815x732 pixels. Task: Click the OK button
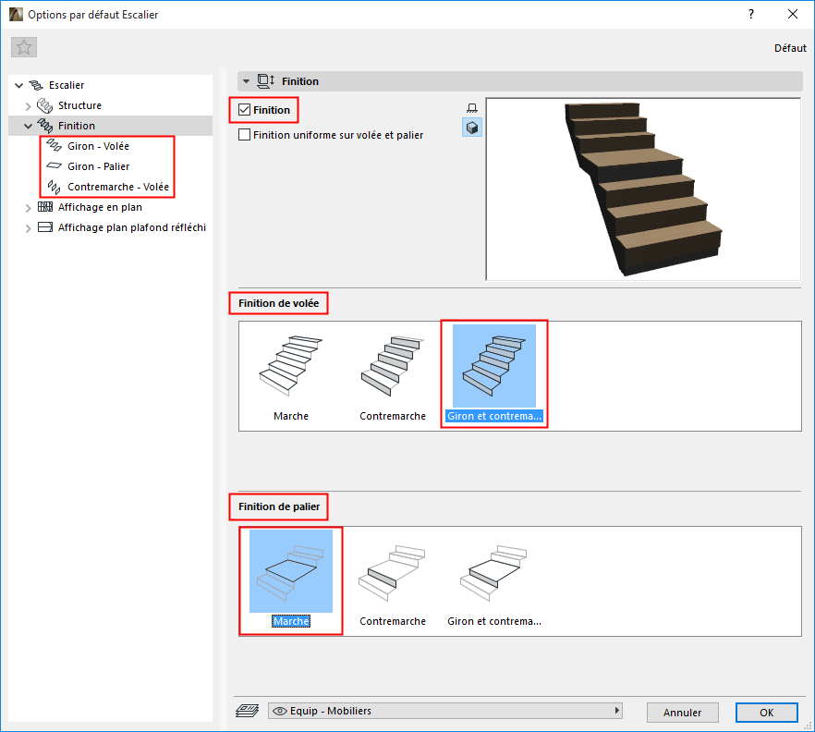pos(766,713)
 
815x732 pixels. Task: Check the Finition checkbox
pos(244,110)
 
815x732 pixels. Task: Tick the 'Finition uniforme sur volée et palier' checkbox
pos(244,135)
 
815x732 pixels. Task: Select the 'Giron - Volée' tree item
pos(98,146)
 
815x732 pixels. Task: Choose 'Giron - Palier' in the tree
pos(98,166)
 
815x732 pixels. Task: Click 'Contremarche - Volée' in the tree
pos(118,187)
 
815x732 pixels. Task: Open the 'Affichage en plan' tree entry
pos(100,207)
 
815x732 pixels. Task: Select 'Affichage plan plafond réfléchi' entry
pos(132,227)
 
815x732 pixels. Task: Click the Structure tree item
pos(79,105)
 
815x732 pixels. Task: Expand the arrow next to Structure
pos(28,106)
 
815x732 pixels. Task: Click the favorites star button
pos(24,47)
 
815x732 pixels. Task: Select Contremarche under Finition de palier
pos(393,583)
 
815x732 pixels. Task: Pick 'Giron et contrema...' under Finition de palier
pos(494,583)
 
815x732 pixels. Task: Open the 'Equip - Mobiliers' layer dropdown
pos(445,711)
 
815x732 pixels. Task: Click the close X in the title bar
pos(793,14)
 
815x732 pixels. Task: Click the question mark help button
pos(751,14)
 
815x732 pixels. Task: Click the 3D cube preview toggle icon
pos(472,128)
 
